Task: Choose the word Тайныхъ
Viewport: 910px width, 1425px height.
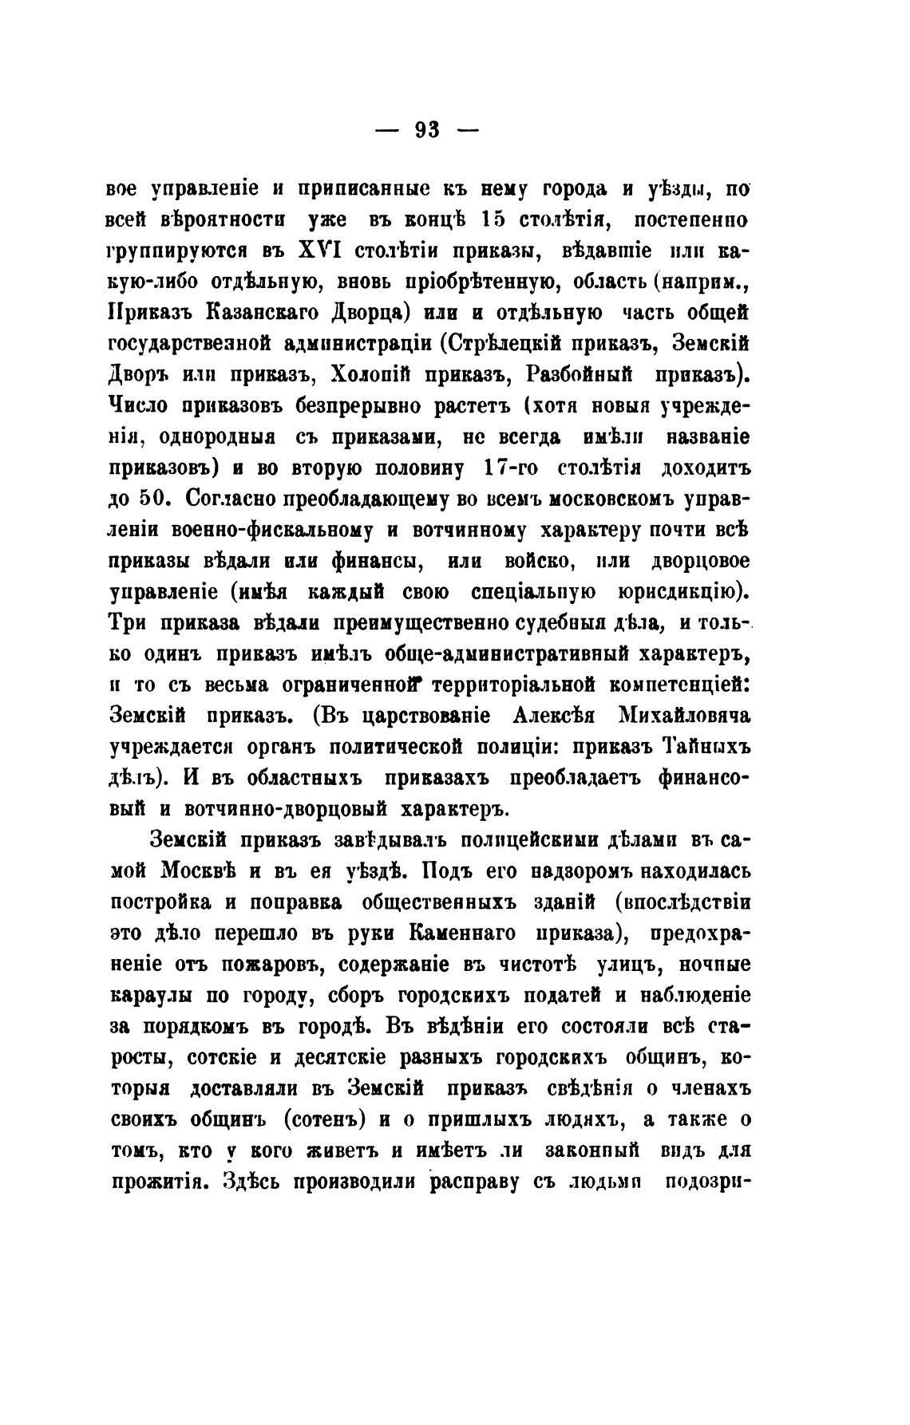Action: tap(706, 745)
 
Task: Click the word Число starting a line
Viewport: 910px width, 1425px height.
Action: tap(136, 405)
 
